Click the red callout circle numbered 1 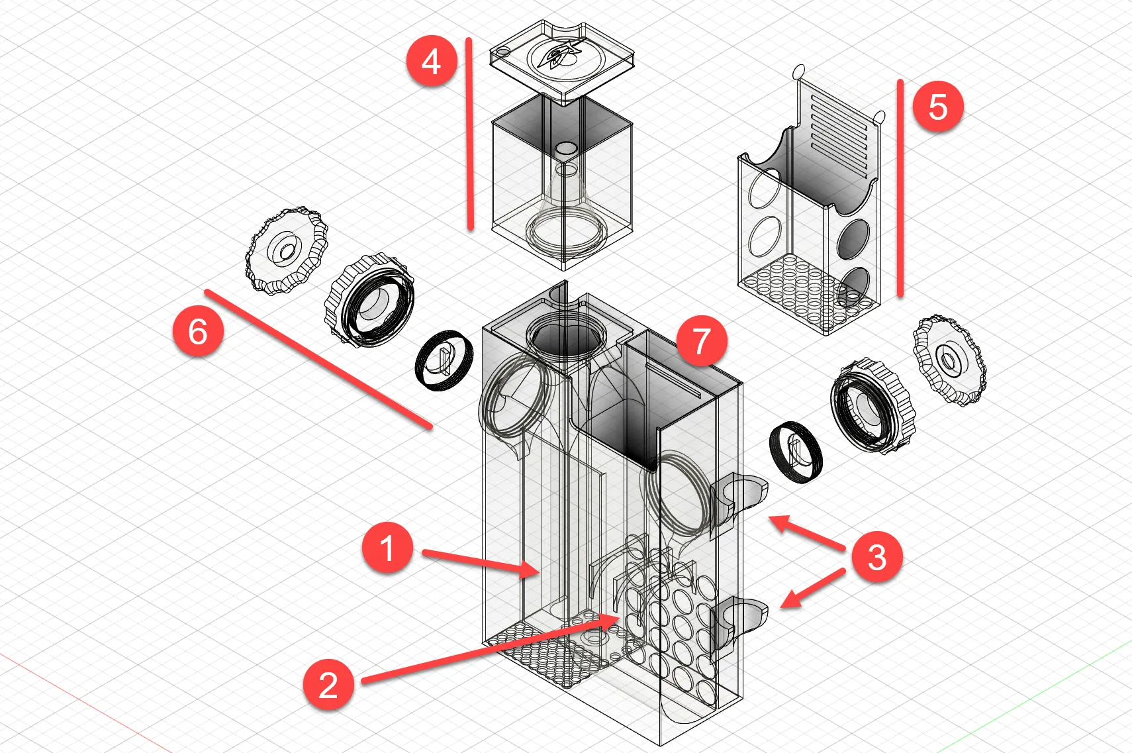tap(387, 548)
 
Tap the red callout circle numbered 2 tap(328, 684)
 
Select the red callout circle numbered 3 tap(876, 557)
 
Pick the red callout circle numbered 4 tap(431, 62)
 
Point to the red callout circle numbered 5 tap(937, 106)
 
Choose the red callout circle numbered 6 tap(198, 330)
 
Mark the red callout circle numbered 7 tap(701, 340)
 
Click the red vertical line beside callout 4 tap(469, 132)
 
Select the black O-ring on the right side tap(796, 452)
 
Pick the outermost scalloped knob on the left tap(287, 251)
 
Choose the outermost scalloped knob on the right tap(949, 360)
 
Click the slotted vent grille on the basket tap(838, 130)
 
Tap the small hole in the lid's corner tap(503, 51)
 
